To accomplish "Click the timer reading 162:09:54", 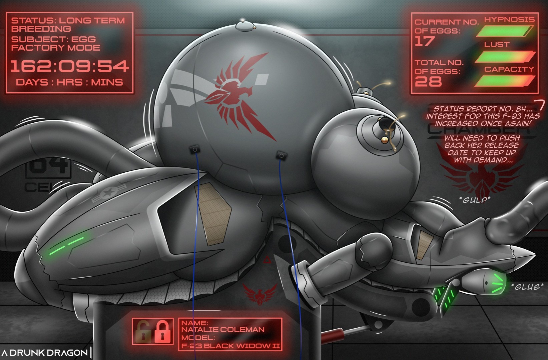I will (x=69, y=66).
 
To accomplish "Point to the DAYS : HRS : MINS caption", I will (x=69, y=82).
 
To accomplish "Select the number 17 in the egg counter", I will (x=425, y=41).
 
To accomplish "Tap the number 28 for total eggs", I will (x=428, y=81).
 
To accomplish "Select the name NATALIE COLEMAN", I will (x=222, y=330).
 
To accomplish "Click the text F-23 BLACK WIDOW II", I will (x=230, y=346).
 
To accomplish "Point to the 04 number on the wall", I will (x=48, y=167).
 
